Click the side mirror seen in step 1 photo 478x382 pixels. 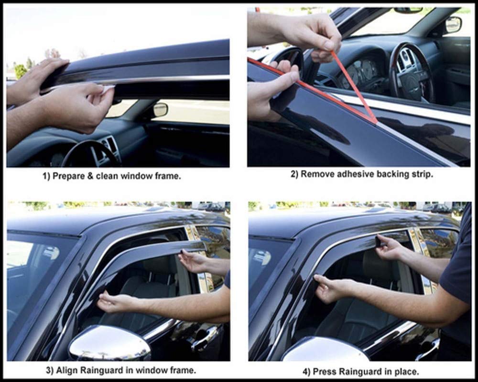coord(160,110)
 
